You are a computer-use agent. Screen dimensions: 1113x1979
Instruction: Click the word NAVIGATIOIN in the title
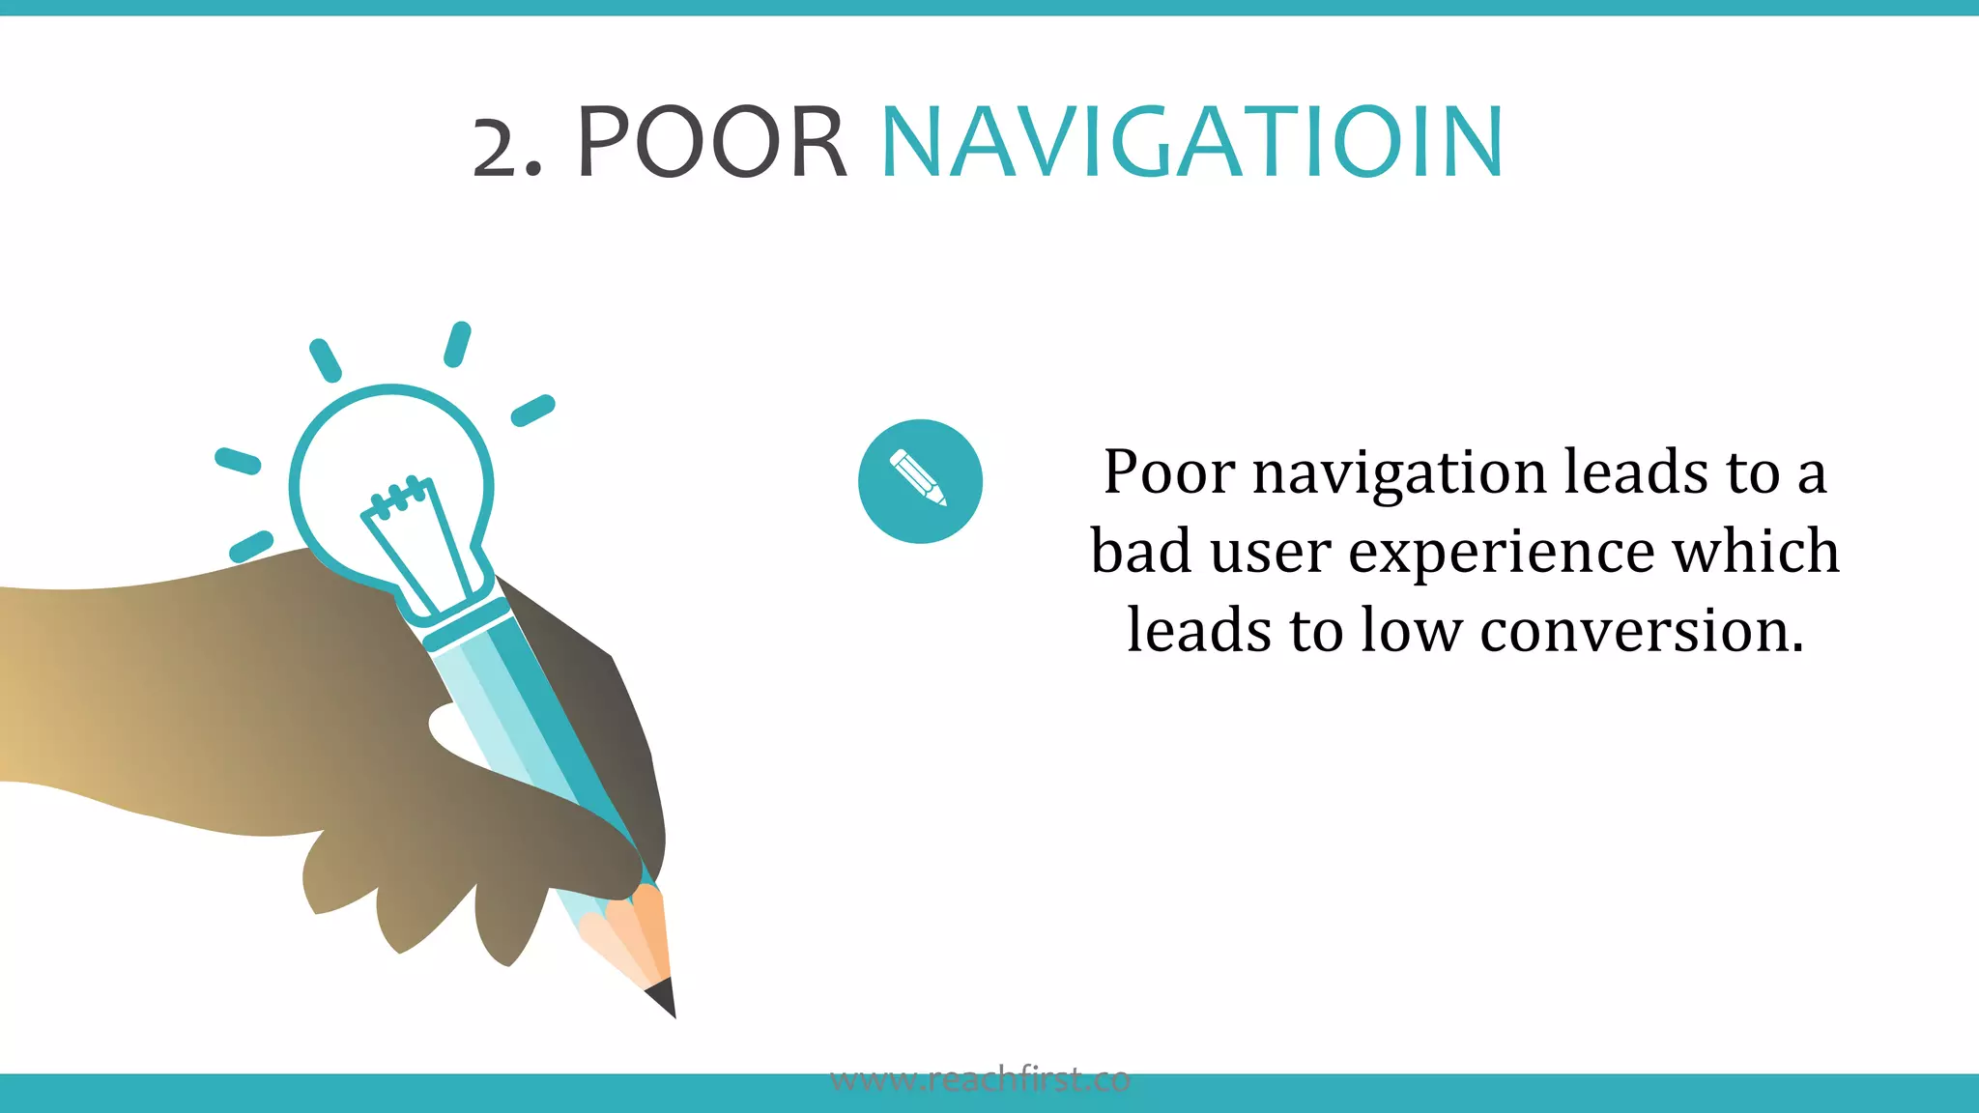[x=1191, y=143]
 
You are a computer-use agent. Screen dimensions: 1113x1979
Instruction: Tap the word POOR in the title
[x=711, y=143]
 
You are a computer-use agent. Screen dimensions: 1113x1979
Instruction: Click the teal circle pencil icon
[x=920, y=481]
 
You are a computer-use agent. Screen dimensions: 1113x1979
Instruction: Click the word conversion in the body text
[x=1641, y=631]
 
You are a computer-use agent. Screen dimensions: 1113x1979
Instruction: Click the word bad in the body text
[x=1140, y=552]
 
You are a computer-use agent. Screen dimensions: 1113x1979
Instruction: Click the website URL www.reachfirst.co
[x=980, y=1079]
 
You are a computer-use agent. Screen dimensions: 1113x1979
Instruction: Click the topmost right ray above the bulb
[x=457, y=344]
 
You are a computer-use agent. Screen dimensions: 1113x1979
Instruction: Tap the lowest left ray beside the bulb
[x=250, y=546]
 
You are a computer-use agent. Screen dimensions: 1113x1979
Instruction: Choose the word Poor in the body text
[x=1168, y=472]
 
